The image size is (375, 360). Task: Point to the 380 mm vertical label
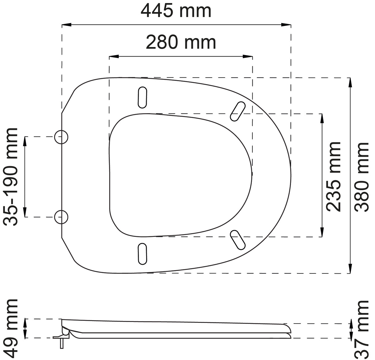click(x=362, y=176)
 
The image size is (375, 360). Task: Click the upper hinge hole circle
click(x=61, y=137)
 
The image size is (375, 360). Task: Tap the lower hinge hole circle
click(x=61, y=217)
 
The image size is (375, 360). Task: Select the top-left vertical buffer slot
click(x=142, y=97)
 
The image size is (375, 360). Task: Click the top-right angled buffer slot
click(x=238, y=112)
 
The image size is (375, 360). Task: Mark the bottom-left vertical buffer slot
click(x=142, y=254)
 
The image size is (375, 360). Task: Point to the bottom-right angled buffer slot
click(x=238, y=239)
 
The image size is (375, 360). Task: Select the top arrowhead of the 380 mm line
click(x=350, y=81)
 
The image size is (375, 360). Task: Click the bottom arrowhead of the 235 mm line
click(x=322, y=234)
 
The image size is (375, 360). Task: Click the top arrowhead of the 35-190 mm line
click(x=25, y=140)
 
